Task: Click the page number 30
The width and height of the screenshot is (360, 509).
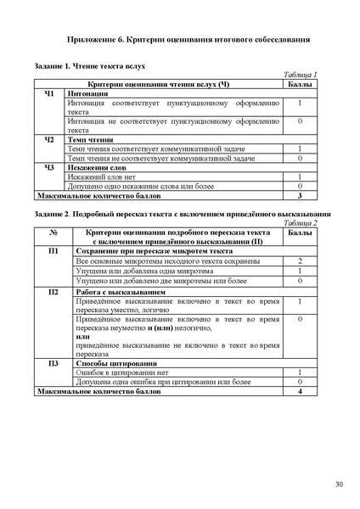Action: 339,484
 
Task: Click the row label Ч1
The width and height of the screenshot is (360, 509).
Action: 48,93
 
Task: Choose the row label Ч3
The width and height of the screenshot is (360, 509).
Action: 48,167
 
